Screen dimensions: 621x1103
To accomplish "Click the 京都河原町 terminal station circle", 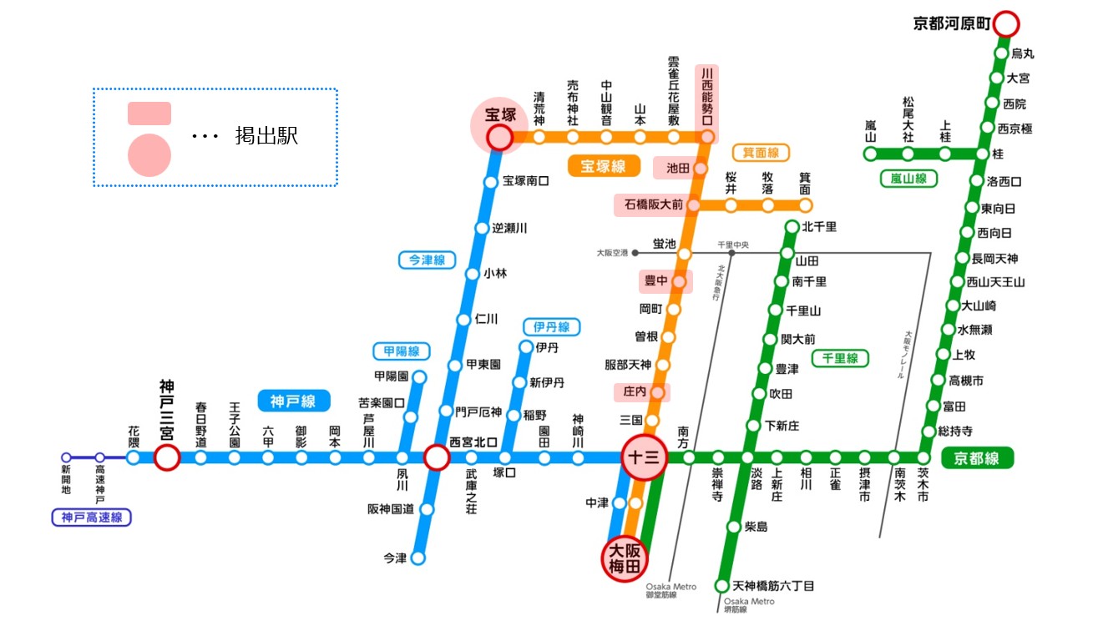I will point(1006,23).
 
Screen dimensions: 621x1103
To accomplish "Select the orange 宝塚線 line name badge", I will point(603,166).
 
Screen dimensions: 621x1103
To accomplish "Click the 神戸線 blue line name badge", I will point(293,401).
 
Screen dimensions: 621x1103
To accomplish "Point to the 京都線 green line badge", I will point(977,457).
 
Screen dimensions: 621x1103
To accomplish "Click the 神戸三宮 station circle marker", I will point(167,457).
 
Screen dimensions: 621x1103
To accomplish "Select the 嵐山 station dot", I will point(870,154).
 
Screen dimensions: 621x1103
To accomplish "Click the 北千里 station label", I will point(819,226).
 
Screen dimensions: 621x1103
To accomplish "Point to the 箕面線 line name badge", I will point(760,153).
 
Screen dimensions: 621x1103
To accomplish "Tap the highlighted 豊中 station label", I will point(655,281).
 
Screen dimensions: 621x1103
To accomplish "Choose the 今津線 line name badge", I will point(427,260).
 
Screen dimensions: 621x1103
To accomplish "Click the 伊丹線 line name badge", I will point(551,326).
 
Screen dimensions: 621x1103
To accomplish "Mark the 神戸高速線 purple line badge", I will point(92,517).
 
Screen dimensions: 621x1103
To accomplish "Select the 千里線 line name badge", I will point(840,358).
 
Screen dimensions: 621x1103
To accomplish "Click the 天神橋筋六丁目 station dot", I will point(722,586).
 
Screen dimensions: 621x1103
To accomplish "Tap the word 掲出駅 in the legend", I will point(266,137).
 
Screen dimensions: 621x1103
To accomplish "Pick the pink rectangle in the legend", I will point(149,114).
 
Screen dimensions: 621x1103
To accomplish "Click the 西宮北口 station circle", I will point(437,457).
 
